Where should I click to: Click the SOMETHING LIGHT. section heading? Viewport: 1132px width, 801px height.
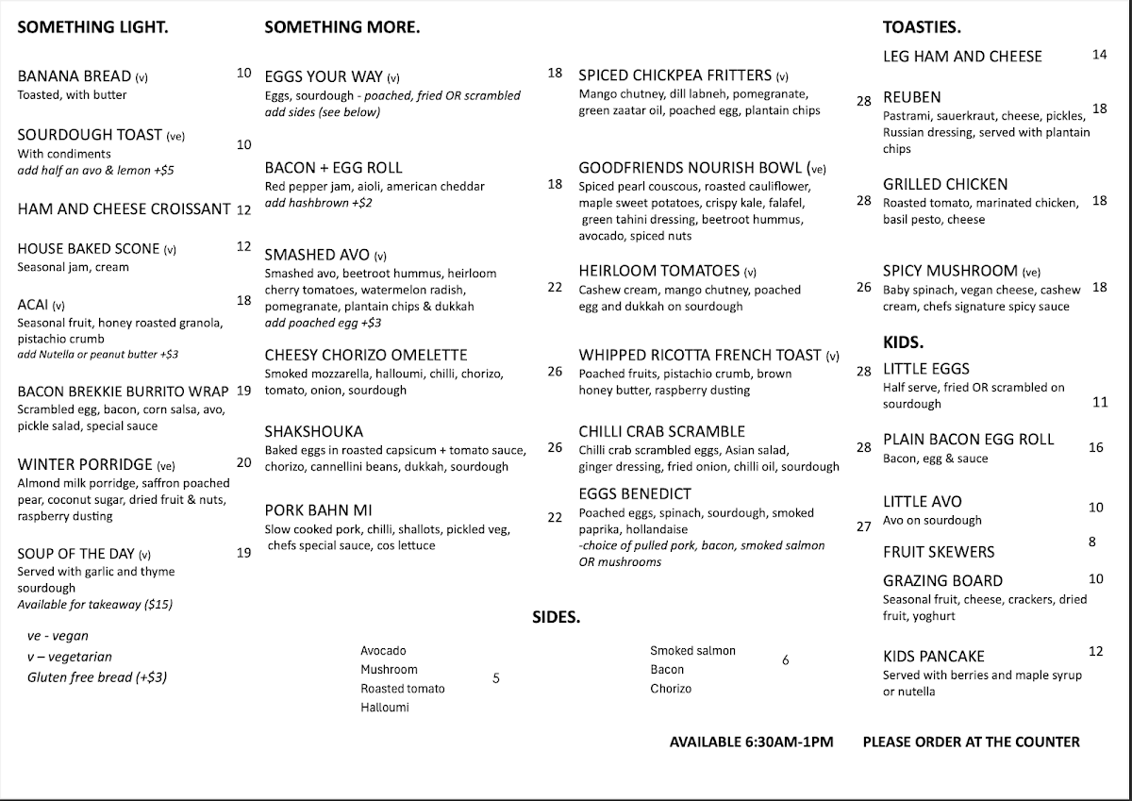coord(92,27)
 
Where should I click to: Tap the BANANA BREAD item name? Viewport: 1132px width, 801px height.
coord(75,76)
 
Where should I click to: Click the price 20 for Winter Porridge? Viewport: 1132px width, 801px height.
coord(244,462)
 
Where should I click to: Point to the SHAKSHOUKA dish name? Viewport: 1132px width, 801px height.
coord(314,431)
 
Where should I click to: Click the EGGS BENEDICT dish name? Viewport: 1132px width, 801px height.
coord(635,493)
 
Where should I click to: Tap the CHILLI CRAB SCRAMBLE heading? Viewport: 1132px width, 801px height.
coord(661,431)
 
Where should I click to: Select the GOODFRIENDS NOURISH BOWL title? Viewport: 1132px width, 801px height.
coord(692,168)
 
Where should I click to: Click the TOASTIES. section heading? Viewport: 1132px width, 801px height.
coord(922,27)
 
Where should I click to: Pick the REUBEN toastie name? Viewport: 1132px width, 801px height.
coord(911,97)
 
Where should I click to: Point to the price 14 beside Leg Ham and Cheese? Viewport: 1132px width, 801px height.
coord(1099,55)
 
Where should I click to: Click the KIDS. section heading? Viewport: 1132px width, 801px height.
coord(903,342)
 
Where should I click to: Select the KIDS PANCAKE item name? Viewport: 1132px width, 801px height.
coord(933,656)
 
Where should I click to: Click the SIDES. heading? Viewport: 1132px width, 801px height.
coord(556,618)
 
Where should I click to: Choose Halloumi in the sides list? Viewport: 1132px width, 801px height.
coord(384,707)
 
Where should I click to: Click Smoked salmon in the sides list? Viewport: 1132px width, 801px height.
coord(692,650)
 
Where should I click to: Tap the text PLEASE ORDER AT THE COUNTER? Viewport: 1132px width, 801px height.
coord(971,742)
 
